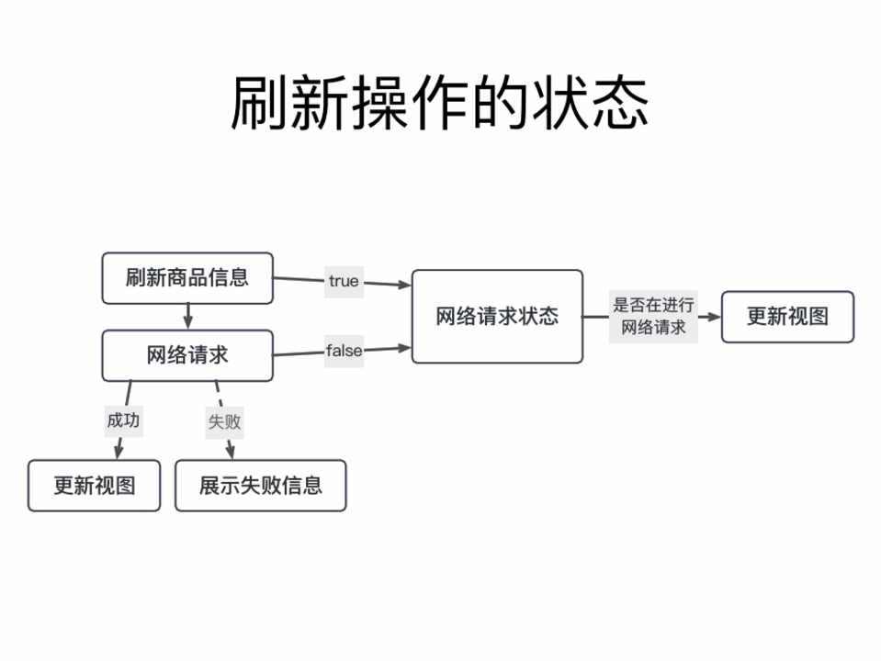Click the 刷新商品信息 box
187,277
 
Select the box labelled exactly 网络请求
187,355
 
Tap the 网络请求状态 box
497,316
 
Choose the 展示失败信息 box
261,485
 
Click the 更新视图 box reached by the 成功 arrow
95,485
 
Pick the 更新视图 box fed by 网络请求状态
787,317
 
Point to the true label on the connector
344,281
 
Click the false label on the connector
344,351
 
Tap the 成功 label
123,420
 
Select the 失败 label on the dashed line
224,421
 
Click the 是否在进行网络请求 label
653,317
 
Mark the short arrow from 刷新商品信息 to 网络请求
188,316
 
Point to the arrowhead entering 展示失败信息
231,453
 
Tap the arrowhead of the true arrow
405,285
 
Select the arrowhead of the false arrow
405,347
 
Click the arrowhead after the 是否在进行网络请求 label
714,317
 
